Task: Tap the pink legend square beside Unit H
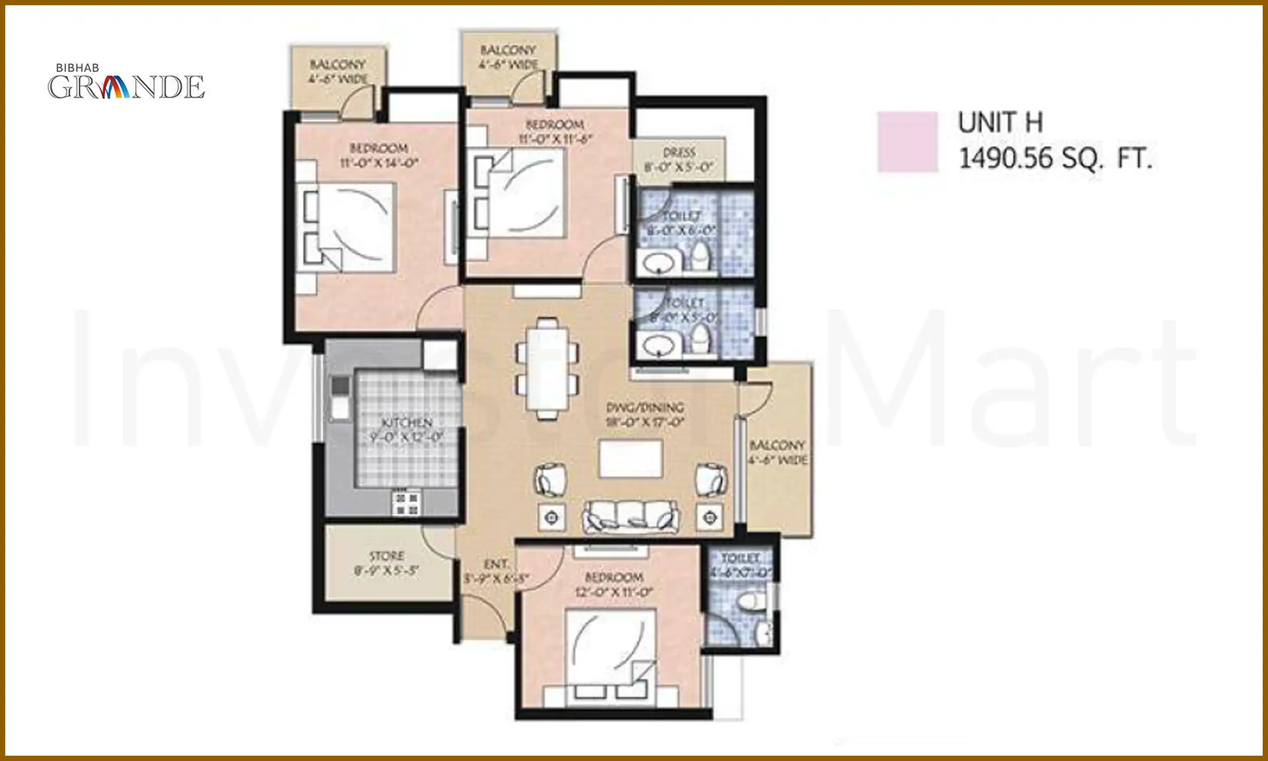907,142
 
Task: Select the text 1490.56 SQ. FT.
1055,158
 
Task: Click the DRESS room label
679,153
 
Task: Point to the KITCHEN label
407,423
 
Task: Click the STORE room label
387,556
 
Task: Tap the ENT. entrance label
496,564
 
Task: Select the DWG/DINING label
645,407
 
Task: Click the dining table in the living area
547,368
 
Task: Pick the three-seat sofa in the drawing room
631,516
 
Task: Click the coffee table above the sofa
631,459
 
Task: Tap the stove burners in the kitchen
406,504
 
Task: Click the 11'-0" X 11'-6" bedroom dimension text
555,139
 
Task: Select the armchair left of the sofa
551,480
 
